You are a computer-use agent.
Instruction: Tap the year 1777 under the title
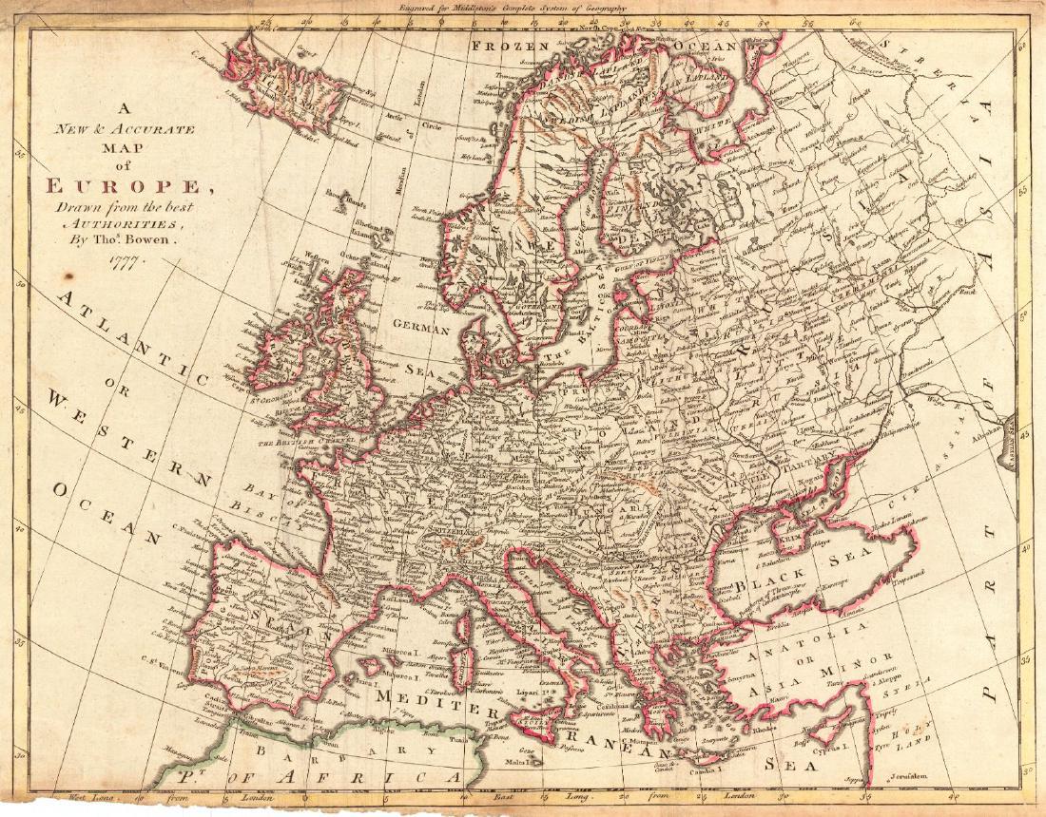pos(126,263)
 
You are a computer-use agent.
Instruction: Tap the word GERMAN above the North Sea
pos(419,327)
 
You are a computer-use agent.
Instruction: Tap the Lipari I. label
pos(530,694)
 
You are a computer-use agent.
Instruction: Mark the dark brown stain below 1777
pos(66,277)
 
